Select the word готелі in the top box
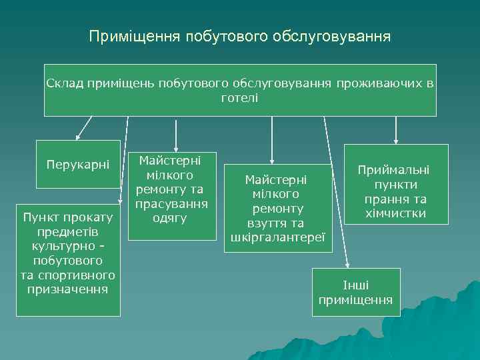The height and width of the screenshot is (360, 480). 239,97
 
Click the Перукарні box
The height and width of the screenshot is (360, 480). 78,164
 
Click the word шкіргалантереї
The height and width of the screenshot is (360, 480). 277,237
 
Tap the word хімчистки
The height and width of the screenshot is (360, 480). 396,213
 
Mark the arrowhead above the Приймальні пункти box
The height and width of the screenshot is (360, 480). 396,140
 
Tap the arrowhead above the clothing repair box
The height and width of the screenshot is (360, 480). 175,148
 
